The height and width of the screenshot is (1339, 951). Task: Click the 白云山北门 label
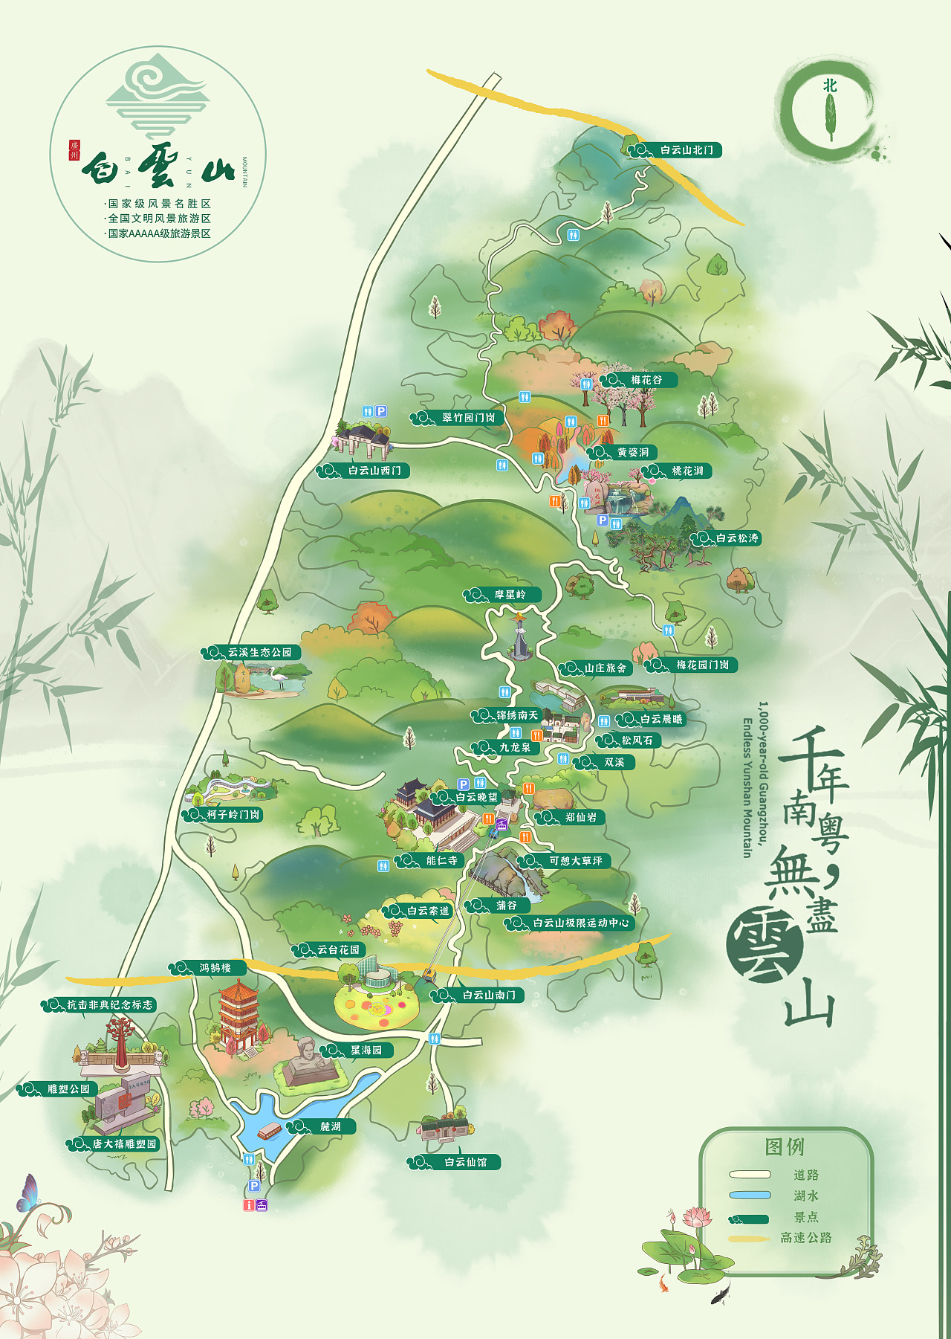686,150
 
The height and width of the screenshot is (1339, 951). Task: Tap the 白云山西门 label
374,471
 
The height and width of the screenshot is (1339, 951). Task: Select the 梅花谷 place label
646,380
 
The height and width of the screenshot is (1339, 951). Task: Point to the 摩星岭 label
510,595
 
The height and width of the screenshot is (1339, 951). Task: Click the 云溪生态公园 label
259,652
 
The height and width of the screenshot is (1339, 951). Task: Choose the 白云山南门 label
488,995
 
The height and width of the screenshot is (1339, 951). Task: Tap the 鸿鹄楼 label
215,968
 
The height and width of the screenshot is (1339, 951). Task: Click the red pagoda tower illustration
238,1016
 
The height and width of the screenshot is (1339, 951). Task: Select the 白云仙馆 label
465,1162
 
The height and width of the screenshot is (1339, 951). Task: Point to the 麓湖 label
330,1126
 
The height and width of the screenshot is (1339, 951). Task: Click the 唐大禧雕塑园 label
124,1144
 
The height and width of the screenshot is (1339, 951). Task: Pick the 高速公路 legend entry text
805,1238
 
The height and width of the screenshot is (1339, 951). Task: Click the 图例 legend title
785,1147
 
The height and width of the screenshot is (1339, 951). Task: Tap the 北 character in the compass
830,86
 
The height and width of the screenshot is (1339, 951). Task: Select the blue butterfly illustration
27,1193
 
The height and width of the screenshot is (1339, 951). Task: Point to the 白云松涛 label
736,538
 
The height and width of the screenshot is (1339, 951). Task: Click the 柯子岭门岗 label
233,815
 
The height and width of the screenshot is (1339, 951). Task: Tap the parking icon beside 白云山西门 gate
381,411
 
